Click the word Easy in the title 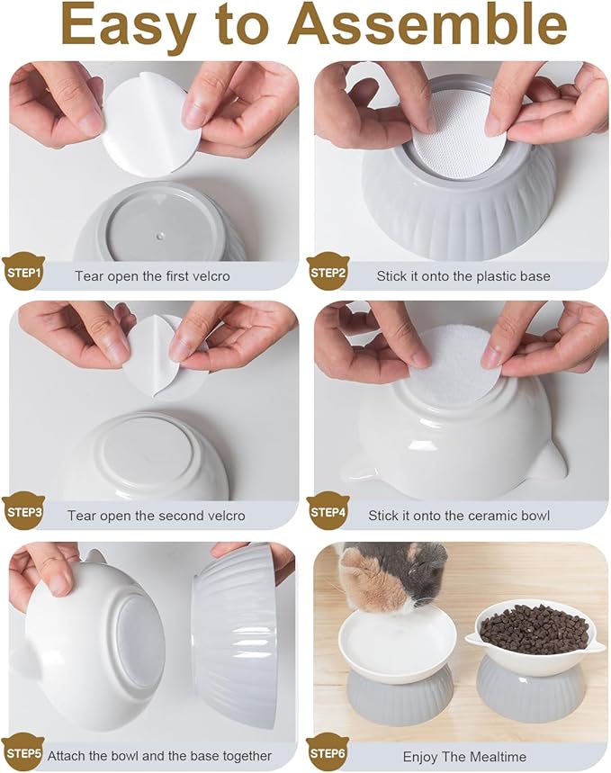click(x=121, y=26)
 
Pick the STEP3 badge click(x=23, y=511)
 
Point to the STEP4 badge click(x=328, y=511)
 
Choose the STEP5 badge click(x=23, y=752)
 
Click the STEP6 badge click(x=328, y=752)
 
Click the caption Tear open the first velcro click(x=152, y=276)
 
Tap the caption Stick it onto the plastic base click(x=463, y=276)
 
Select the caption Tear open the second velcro click(x=156, y=517)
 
